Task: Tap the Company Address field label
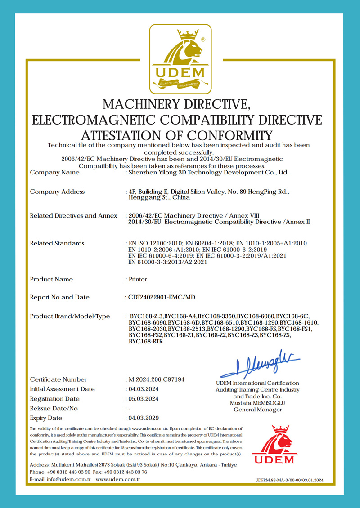[57, 192]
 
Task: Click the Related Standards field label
[57, 243]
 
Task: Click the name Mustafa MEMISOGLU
[257, 403]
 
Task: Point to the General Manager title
[257, 410]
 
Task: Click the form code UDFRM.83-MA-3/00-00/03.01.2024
[289, 481]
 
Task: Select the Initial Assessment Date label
[63, 389]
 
